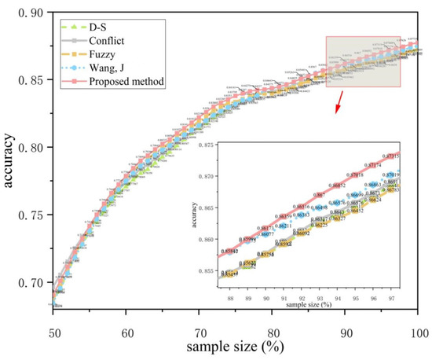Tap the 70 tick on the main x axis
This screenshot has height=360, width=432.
[x=200, y=329]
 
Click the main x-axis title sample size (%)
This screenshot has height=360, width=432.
[x=236, y=346]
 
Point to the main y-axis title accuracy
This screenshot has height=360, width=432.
[x=10, y=165]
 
